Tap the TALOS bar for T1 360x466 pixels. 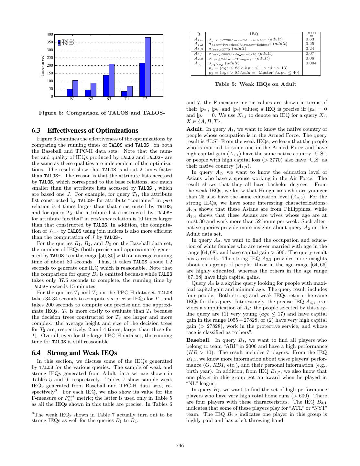point(124,94)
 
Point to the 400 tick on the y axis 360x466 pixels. point(50,34)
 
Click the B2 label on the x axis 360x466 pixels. point(91,99)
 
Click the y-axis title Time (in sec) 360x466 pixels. point(42,66)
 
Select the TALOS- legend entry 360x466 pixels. point(69,44)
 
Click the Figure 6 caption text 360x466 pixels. point(102,113)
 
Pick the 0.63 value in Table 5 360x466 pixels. point(310,39)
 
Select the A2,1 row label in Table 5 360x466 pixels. point(198,53)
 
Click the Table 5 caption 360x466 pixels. point(255,84)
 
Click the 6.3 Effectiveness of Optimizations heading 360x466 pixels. point(85,130)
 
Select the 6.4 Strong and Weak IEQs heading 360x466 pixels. point(74,353)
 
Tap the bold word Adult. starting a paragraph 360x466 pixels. point(195,129)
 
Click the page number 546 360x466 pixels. point(180,446)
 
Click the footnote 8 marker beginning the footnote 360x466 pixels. point(33,413)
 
